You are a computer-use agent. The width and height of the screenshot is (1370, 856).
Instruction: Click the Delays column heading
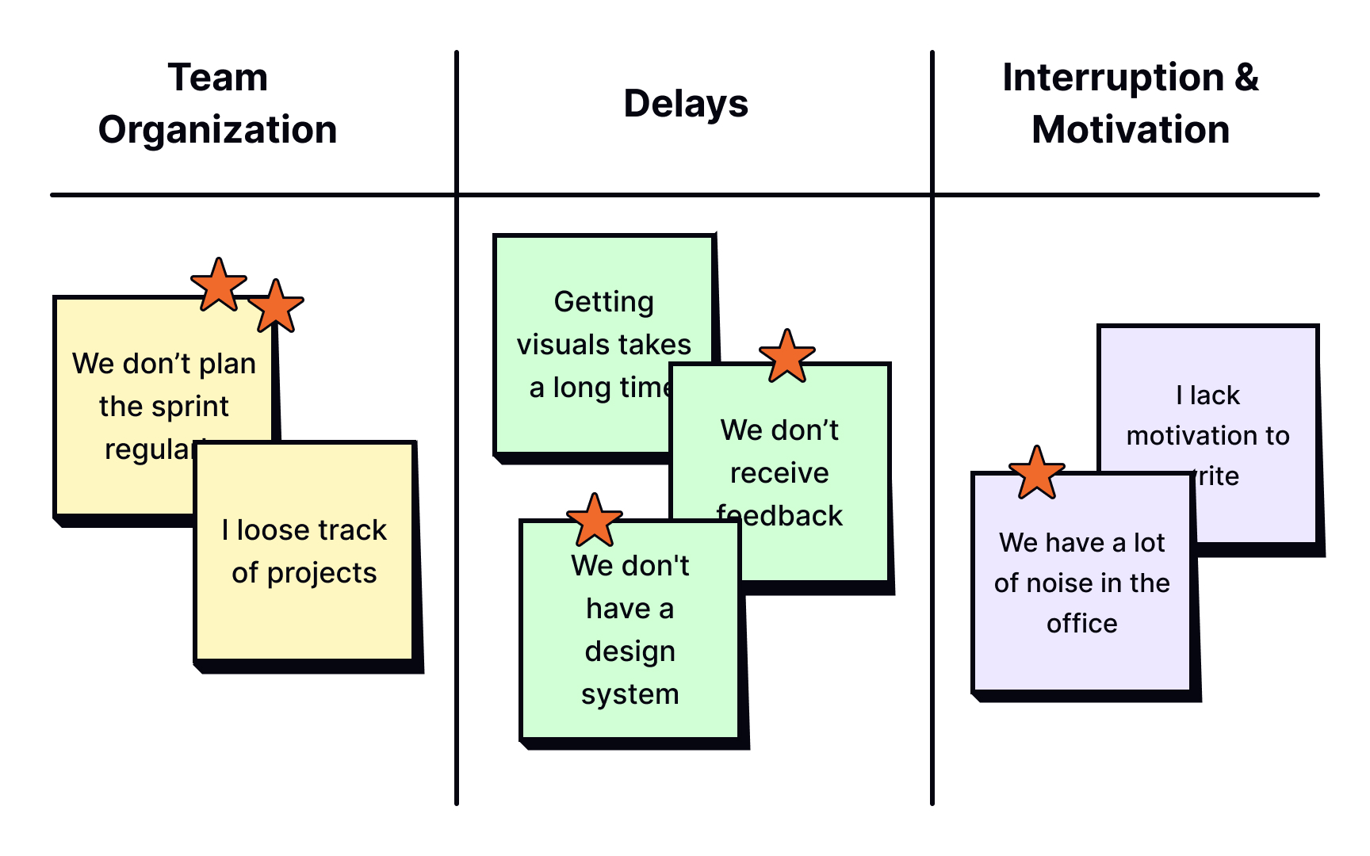pyautogui.click(x=686, y=104)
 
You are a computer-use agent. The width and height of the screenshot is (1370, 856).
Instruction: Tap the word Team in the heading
pyautogui.click(x=217, y=78)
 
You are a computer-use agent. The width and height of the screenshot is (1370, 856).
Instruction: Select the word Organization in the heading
pyautogui.click(x=217, y=130)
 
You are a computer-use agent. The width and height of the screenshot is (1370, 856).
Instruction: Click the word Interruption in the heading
pyautogui.click(x=1112, y=78)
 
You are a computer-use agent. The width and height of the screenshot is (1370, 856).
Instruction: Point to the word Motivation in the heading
pyautogui.click(x=1130, y=130)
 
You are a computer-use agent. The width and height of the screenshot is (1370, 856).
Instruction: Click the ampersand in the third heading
pyautogui.click(x=1246, y=78)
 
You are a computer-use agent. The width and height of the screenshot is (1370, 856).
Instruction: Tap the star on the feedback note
pyautogui.click(x=786, y=357)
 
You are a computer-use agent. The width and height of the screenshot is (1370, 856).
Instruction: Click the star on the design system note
pyautogui.click(x=594, y=521)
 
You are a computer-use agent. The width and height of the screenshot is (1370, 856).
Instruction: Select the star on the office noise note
pyautogui.click(x=1036, y=473)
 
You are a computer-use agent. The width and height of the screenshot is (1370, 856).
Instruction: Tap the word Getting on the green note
pyautogui.click(x=603, y=302)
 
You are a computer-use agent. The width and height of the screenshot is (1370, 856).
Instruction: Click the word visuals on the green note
pyautogui.click(x=564, y=345)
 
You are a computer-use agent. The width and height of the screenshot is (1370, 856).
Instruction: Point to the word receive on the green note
pyautogui.click(x=779, y=473)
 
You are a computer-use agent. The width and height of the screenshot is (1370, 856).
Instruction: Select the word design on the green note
pyautogui.click(x=630, y=652)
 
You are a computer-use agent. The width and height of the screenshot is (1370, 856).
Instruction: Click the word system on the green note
pyautogui.click(x=630, y=694)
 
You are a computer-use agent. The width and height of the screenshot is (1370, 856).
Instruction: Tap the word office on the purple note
pyautogui.click(x=1081, y=624)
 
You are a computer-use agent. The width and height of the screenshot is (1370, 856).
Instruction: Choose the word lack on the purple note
pyautogui.click(x=1214, y=396)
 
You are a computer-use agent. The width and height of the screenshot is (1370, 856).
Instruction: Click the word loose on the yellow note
pyautogui.click(x=272, y=530)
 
